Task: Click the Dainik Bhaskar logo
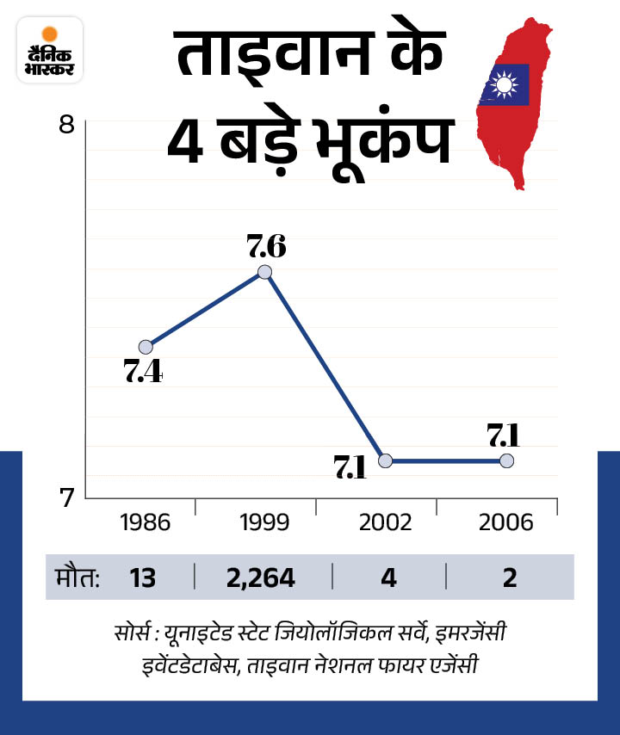tap(48, 49)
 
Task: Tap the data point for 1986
tap(146, 347)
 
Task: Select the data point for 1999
tap(265, 272)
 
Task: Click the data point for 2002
tap(386, 460)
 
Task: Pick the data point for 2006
tap(506, 460)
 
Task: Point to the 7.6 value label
tap(266, 247)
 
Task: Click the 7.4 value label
tap(143, 373)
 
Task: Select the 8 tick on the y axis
tap(66, 125)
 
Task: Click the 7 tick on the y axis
tap(66, 497)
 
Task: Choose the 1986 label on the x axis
tap(146, 522)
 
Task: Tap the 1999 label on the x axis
tap(265, 522)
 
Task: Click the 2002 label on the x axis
tap(387, 522)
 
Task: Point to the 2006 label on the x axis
tap(507, 522)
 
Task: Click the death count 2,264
tap(260, 577)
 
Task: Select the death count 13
tap(143, 577)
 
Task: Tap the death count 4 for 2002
tap(388, 577)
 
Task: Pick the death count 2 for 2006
tap(510, 577)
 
